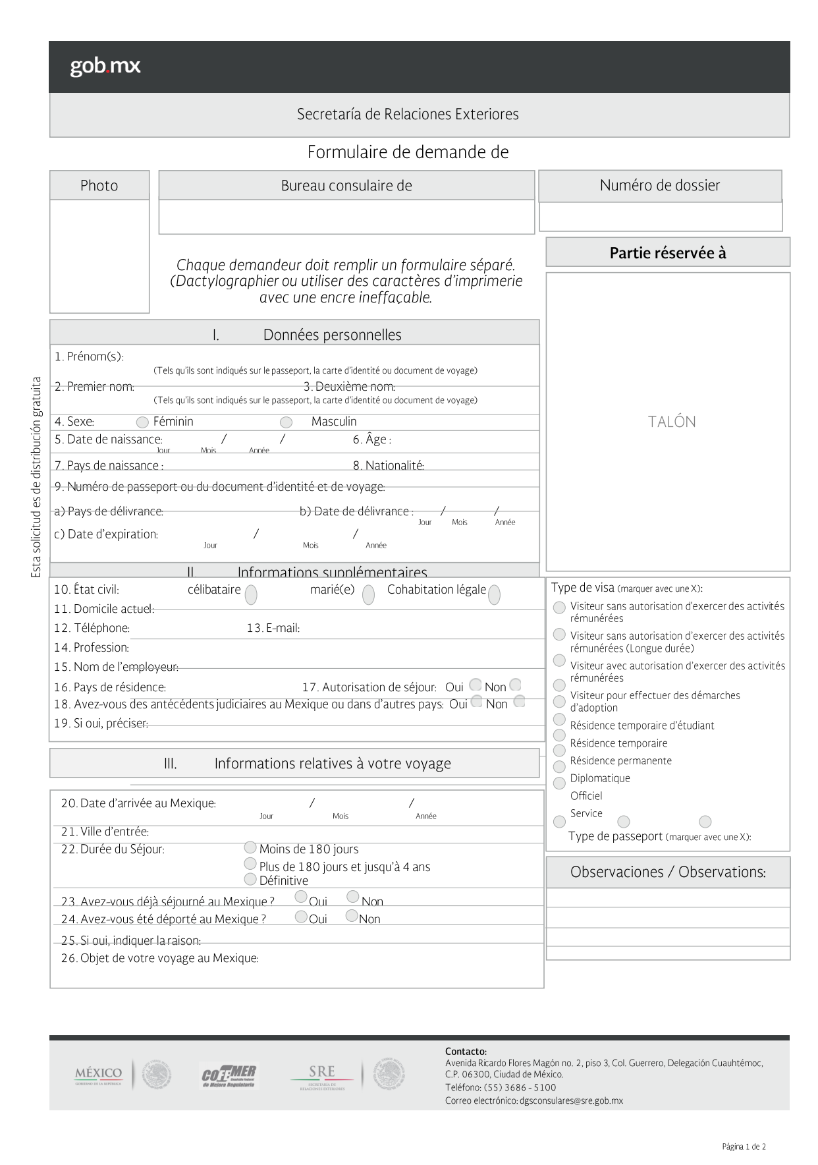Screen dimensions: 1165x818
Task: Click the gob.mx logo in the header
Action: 105,67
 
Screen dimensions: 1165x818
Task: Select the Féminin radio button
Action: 142,422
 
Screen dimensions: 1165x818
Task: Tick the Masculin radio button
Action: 286,422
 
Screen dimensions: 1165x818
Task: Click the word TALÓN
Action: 671,422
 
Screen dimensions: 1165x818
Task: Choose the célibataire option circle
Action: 251,595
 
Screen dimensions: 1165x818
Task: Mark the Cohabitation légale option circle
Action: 494,594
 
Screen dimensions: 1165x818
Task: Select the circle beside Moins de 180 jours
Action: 250,847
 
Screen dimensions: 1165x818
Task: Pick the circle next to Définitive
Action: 250,879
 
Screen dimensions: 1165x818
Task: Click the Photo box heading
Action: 99,186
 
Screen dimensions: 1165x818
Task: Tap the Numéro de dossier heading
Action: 659,186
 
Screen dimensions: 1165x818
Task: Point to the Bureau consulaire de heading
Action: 346,186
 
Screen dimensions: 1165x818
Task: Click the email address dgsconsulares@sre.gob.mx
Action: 571,1100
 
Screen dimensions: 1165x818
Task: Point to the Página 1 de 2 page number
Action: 744,1147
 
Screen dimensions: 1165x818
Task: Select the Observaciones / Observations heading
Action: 668,872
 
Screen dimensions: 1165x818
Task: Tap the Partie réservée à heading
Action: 667,253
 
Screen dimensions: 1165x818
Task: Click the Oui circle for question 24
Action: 301,917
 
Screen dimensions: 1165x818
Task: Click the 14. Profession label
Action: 92,648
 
